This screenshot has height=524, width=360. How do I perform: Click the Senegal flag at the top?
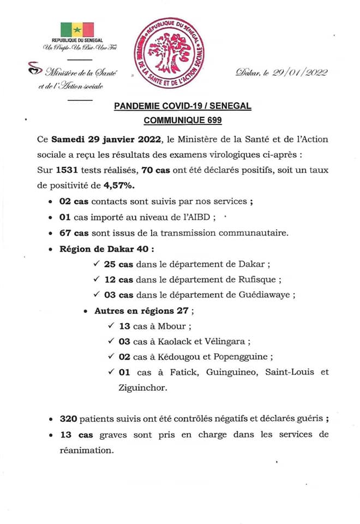click(x=77, y=29)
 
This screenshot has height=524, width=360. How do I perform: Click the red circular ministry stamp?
click(x=171, y=52)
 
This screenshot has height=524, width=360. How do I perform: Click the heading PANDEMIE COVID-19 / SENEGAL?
click(x=183, y=106)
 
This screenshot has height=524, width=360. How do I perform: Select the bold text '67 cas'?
click(x=74, y=233)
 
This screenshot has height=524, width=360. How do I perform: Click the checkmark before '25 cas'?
click(x=97, y=264)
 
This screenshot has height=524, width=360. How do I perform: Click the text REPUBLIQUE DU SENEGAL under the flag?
click(x=77, y=41)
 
